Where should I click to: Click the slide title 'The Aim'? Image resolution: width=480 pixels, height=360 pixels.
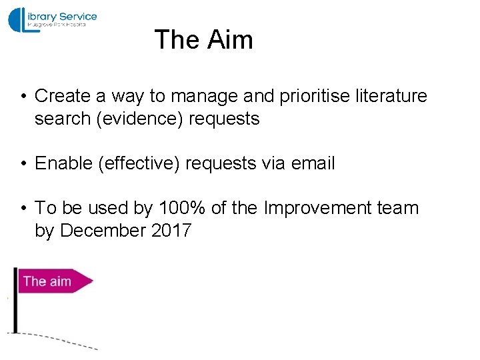click(x=203, y=40)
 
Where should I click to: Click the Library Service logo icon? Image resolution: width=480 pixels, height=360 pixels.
click(x=20, y=19)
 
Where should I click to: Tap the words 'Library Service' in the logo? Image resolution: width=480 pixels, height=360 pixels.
click(x=63, y=17)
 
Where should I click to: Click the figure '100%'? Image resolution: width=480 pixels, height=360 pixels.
click(x=182, y=208)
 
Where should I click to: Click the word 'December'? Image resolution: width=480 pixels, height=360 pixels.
click(x=103, y=231)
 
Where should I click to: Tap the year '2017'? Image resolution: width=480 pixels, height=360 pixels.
click(x=171, y=231)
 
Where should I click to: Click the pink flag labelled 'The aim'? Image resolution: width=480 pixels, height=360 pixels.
click(x=53, y=281)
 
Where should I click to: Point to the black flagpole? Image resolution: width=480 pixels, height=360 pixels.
click(x=15, y=300)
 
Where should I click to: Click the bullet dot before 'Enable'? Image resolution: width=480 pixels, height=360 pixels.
click(x=23, y=164)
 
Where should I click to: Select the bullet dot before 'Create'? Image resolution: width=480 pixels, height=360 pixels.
click(x=23, y=97)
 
